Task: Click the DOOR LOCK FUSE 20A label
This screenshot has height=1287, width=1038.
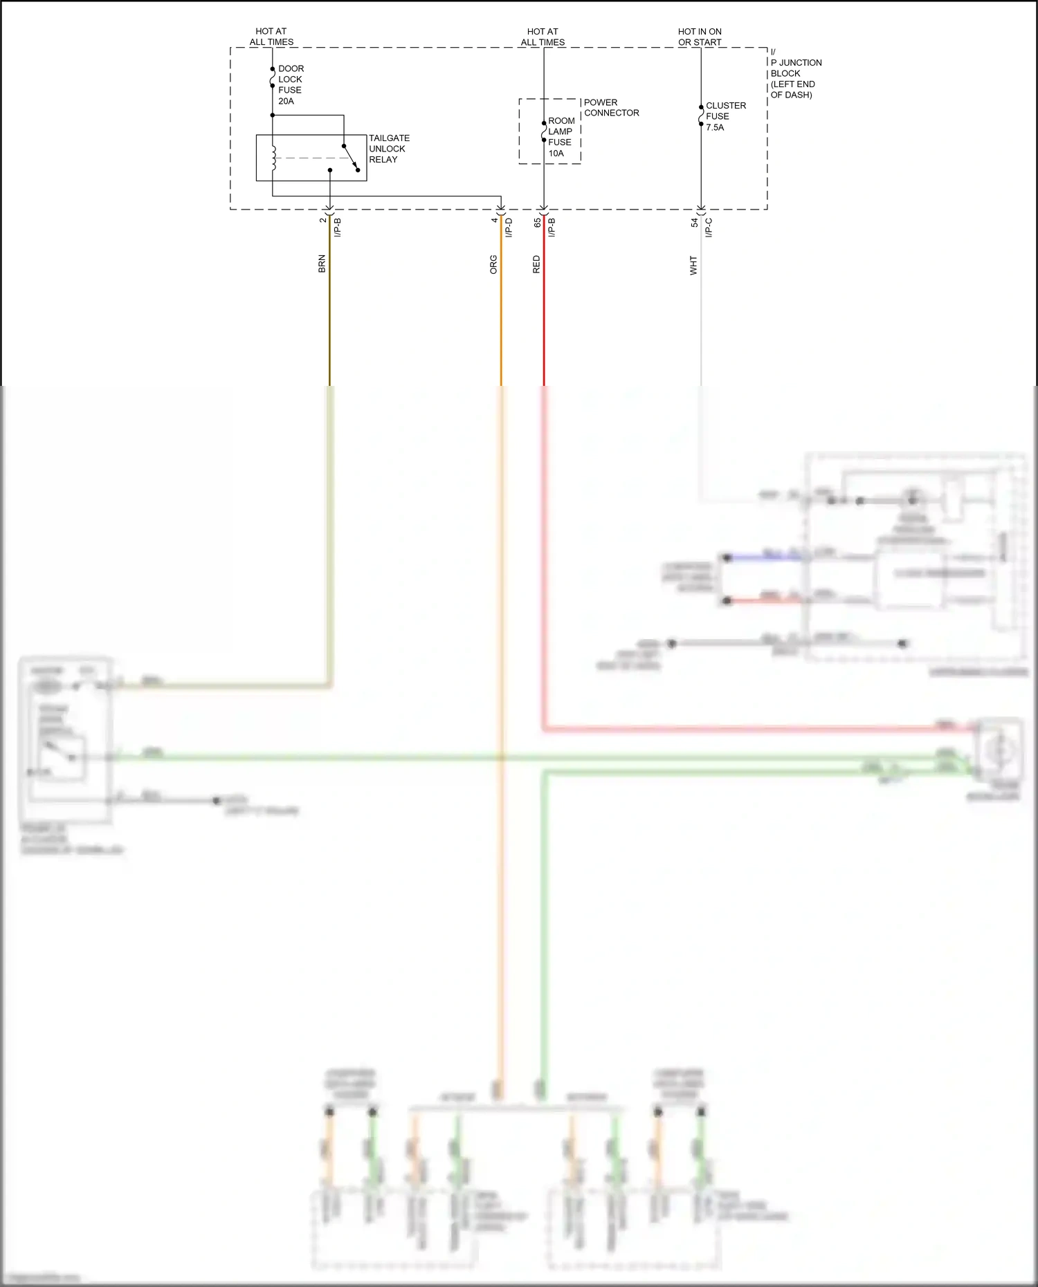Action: coord(291,84)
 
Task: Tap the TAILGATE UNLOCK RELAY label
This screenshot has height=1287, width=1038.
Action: coord(388,149)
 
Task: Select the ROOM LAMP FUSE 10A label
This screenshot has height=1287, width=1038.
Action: coord(561,137)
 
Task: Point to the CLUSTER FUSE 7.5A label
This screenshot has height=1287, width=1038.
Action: coord(725,116)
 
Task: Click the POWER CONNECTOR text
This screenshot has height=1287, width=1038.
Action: coord(611,107)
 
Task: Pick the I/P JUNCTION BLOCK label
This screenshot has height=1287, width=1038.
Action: coord(795,73)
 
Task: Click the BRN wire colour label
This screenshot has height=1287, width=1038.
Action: coord(322,263)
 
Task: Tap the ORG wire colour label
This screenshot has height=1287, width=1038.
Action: coord(493,265)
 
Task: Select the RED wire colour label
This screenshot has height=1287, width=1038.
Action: coord(536,264)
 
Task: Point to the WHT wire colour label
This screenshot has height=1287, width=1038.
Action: coord(693,266)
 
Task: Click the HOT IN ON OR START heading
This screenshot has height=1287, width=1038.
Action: coord(700,37)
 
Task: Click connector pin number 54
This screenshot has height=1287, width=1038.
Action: coord(694,223)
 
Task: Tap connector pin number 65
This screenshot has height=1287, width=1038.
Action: coord(537,223)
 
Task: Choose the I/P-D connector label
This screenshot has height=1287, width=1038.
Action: coord(509,228)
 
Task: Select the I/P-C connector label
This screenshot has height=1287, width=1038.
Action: coord(709,228)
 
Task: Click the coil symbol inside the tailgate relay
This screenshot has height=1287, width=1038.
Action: coord(273,158)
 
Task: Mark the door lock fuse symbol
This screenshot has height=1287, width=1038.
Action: coord(273,77)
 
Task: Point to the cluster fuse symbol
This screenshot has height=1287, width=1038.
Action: coord(701,115)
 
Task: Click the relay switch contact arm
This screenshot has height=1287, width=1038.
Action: coord(351,158)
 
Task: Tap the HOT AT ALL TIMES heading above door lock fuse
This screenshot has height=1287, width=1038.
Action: coord(271,37)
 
